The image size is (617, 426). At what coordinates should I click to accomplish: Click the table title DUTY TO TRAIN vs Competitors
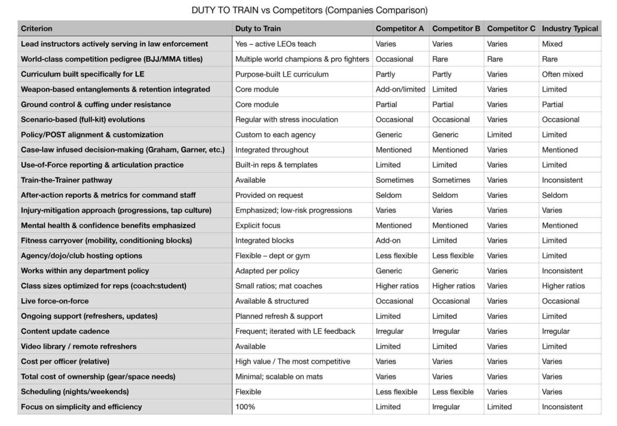tap(310, 10)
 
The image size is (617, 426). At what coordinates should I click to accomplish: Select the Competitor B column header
tap(456, 28)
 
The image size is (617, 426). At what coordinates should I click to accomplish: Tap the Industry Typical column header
tap(570, 28)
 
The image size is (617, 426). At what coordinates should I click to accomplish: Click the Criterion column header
tap(37, 28)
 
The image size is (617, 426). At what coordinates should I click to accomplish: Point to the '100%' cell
tap(245, 407)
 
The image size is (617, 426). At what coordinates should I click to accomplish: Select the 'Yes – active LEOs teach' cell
tap(275, 43)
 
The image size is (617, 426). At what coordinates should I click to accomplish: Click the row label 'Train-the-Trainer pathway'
tap(66, 180)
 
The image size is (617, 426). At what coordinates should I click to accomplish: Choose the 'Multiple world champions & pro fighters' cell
tap(302, 59)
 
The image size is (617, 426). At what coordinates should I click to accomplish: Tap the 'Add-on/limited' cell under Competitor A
tap(400, 89)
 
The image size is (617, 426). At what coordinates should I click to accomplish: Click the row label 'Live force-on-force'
tap(55, 300)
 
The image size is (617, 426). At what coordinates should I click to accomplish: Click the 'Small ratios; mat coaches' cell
tap(278, 286)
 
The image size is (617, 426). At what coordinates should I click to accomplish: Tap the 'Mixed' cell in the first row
tap(552, 43)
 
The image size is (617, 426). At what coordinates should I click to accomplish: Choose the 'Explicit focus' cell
tap(258, 225)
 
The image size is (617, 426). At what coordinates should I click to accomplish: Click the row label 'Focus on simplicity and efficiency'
tap(81, 407)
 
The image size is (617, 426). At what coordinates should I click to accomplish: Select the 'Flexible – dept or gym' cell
tap(274, 255)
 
